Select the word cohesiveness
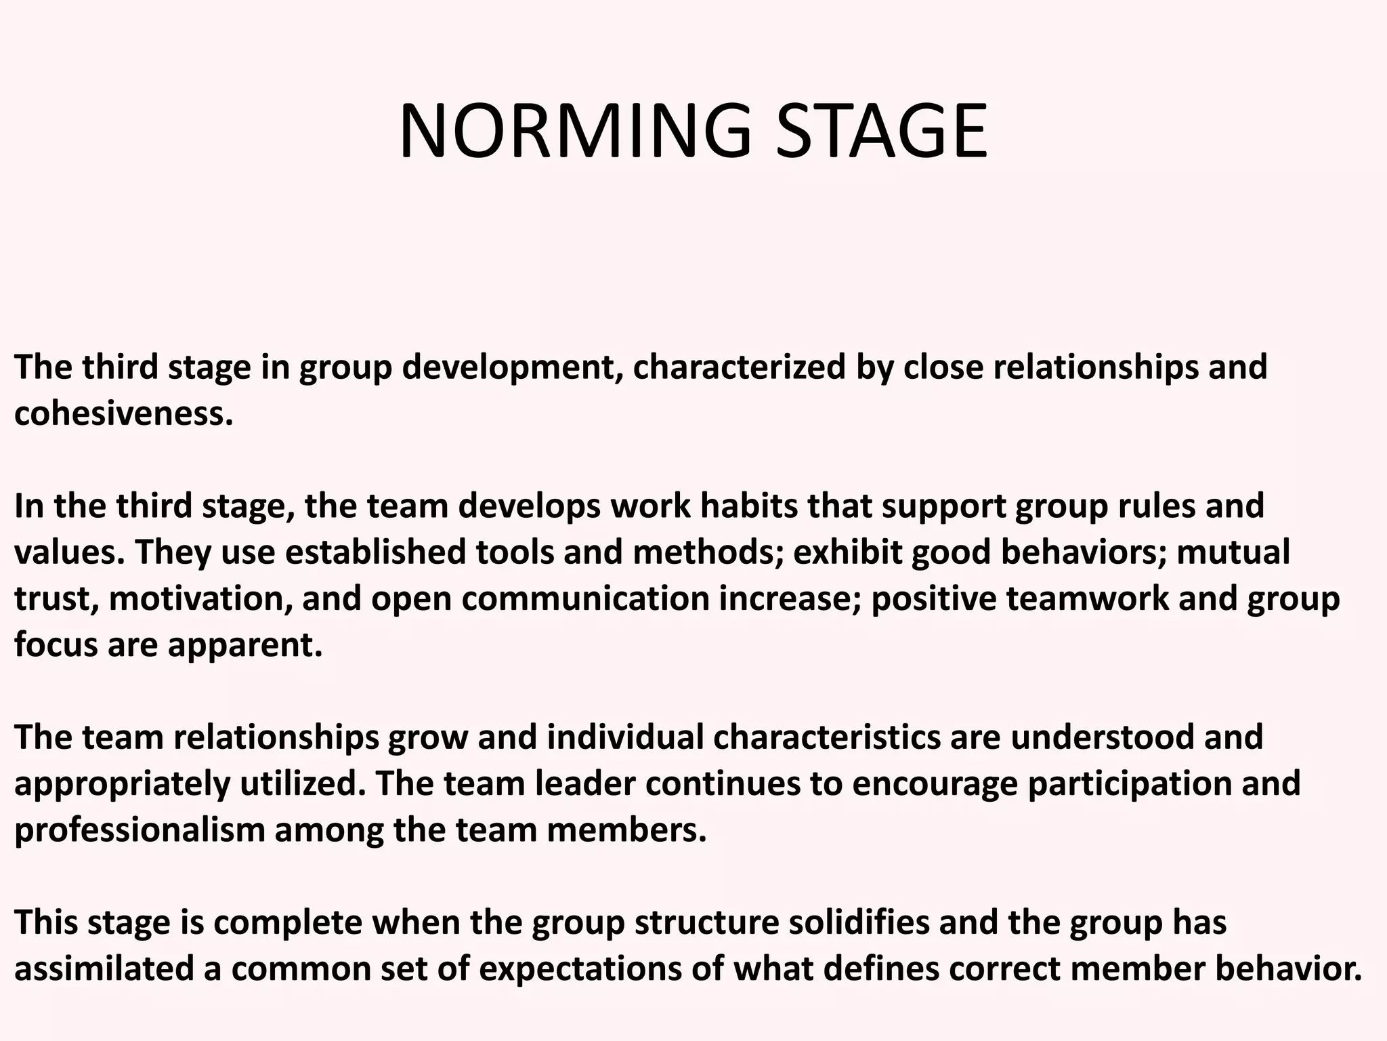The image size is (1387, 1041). click(123, 413)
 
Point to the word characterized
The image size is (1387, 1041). click(739, 367)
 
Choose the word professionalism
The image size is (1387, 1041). click(140, 830)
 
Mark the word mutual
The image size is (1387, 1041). click(1233, 552)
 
